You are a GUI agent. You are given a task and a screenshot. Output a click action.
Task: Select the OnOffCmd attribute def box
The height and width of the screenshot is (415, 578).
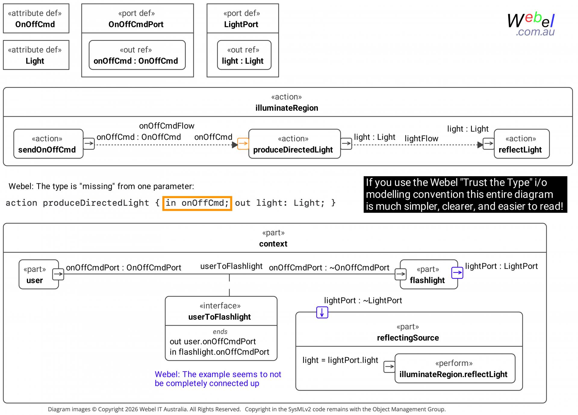pyautogui.click(x=36, y=18)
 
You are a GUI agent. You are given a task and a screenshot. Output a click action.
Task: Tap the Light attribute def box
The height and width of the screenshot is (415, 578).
pyautogui.click(x=36, y=55)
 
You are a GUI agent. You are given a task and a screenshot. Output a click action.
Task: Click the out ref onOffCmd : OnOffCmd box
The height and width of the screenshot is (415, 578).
pyautogui.click(x=137, y=55)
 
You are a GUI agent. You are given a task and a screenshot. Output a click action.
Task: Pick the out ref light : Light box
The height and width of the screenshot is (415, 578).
pyautogui.click(x=244, y=55)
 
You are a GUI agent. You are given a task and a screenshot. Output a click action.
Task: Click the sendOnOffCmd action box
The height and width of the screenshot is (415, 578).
pyautogui.click(x=48, y=144)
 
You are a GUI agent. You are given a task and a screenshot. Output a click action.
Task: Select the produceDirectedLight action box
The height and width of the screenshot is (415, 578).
pyautogui.click(x=294, y=144)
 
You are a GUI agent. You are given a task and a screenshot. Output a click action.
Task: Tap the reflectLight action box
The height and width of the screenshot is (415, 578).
pyautogui.click(x=522, y=144)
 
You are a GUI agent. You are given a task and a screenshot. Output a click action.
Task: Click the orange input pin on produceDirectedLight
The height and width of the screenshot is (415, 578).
pyautogui.click(x=243, y=144)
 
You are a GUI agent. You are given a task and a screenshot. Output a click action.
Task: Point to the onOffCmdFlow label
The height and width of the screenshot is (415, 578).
pyautogui.click(x=167, y=126)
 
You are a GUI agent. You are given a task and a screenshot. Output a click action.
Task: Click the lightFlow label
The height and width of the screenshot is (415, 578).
pyautogui.click(x=421, y=139)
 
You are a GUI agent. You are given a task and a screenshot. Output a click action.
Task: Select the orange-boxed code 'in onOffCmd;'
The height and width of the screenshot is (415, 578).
pyautogui.click(x=197, y=203)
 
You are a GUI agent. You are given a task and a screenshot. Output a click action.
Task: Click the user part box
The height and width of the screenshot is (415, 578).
pyautogui.click(x=39, y=274)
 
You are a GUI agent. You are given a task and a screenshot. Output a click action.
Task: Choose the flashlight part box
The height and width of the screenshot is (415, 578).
pyautogui.click(x=429, y=274)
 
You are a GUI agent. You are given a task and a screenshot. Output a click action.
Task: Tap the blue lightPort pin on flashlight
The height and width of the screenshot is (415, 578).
pyautogui.click(x=457, y=273)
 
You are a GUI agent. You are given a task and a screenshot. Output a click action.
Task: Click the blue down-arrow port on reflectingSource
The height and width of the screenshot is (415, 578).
pyautogui.click(x=322, y=312)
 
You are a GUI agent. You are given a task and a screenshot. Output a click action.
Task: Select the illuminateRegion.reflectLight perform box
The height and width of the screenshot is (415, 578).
pyautogui.click(x=455, y=369)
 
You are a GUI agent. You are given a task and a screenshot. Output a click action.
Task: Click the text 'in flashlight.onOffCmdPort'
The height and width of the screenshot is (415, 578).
pyautogui.click(x=219, y=352)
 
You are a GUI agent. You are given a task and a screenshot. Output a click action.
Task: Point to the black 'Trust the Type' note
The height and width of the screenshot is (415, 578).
pyautogui.click(x=465, y=195)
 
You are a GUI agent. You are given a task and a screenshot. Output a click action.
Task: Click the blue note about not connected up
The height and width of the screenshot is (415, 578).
pyautogui.click(x=218, y=379)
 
